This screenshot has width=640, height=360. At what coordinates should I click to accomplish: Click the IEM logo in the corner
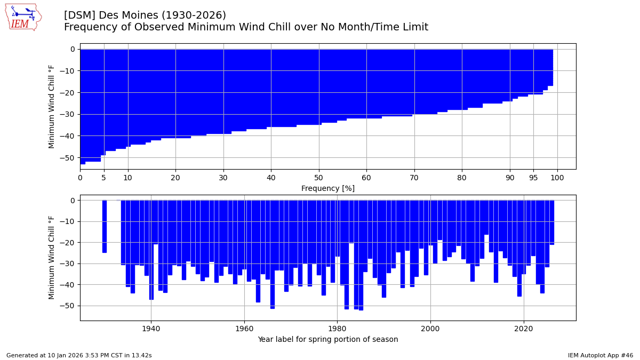pos(23,17)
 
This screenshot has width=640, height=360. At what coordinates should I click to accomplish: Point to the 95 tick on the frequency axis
pos(533,178)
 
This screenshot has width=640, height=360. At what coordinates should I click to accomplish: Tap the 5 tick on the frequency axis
pos(104,178)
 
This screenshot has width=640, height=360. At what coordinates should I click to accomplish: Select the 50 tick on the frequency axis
pos(318,178)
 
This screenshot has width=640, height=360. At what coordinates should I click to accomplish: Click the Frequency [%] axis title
pos(327,188)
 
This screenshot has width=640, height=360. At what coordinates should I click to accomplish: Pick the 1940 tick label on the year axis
pos(151,329)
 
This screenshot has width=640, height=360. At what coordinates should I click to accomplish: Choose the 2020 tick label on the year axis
pos(523,329)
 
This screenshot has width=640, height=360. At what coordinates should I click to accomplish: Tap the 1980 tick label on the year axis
pos(337,329)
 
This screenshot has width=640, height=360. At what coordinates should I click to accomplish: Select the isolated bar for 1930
pos(105,226)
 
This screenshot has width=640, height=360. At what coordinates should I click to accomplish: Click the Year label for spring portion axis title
pos(327,340)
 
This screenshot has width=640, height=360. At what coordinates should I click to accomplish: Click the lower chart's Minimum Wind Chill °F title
pos(52,258)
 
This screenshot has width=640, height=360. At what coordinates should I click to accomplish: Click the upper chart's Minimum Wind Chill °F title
pos(52,106)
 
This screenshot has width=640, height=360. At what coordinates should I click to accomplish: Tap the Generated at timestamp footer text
pos(79,355)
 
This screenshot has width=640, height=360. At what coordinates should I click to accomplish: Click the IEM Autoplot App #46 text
pos(600,355)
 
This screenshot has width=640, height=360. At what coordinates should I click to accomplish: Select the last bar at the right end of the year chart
pos(552,222)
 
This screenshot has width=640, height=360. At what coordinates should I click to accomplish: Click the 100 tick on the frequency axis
pos(557,178)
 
